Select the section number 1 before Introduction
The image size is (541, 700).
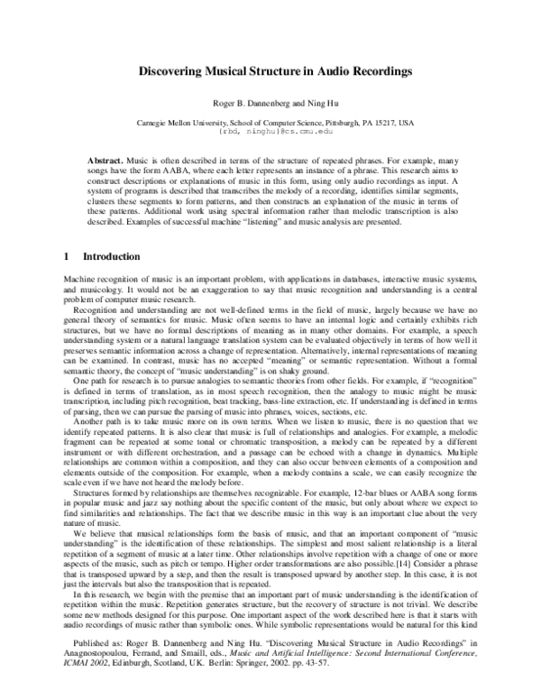(x=66, y=257)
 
